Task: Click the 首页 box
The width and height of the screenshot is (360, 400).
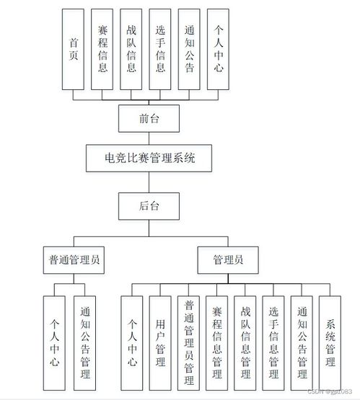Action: click(x=73, y=50)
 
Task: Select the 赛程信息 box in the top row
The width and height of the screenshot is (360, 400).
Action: click(x=102, y=50)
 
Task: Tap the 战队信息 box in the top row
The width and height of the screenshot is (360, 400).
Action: click(x=131, y=50)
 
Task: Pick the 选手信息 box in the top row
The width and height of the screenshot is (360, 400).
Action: click(x=160, y=50)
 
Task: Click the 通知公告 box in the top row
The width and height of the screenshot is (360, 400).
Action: click(x=189, y=50)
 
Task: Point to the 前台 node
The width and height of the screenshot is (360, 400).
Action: click(x=149, y=117)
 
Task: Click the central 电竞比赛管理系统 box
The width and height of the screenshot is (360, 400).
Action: click(x=149, y=157)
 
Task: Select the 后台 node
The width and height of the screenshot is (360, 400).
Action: click(x=149, y=205)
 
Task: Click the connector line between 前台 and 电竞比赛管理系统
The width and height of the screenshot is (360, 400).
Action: click(x=149, y=136)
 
